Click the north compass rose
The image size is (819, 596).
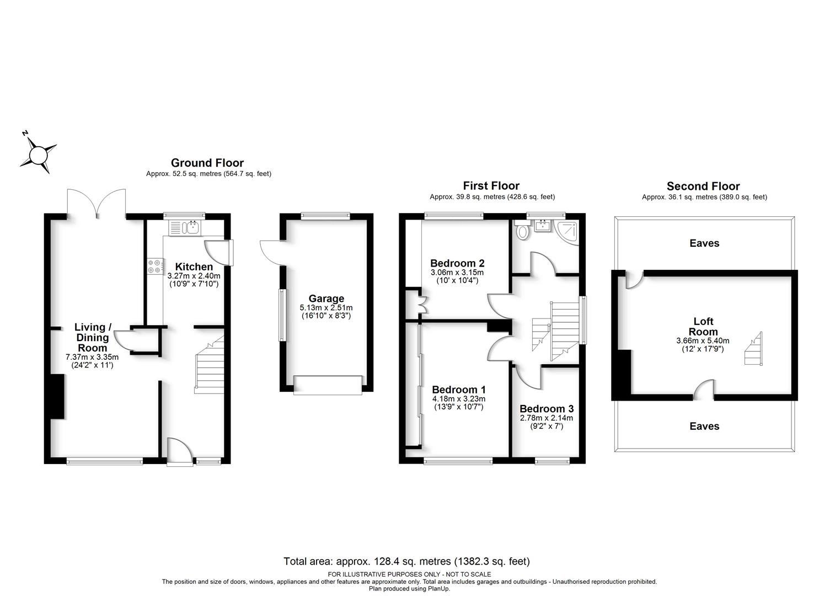click(38, 155)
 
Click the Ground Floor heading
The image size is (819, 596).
click(207, 163)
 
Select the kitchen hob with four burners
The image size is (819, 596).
click(155, 267)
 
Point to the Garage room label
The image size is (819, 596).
click(326, 299)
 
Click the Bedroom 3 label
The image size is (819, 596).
click(547, 409)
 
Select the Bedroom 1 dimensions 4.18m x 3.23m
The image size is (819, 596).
click(458, 399)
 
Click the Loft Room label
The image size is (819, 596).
click(703, 326)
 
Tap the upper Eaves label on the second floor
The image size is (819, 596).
click(704, 243)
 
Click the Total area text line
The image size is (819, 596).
click(406, 561)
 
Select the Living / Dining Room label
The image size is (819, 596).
click(93, 337)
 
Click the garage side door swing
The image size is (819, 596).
click(272, 253)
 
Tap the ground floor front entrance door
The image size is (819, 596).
click(180, 452)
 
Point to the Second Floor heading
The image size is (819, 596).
click(703, 186)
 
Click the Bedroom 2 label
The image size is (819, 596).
click(457, 263)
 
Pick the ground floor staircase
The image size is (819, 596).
click(209, 365)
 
